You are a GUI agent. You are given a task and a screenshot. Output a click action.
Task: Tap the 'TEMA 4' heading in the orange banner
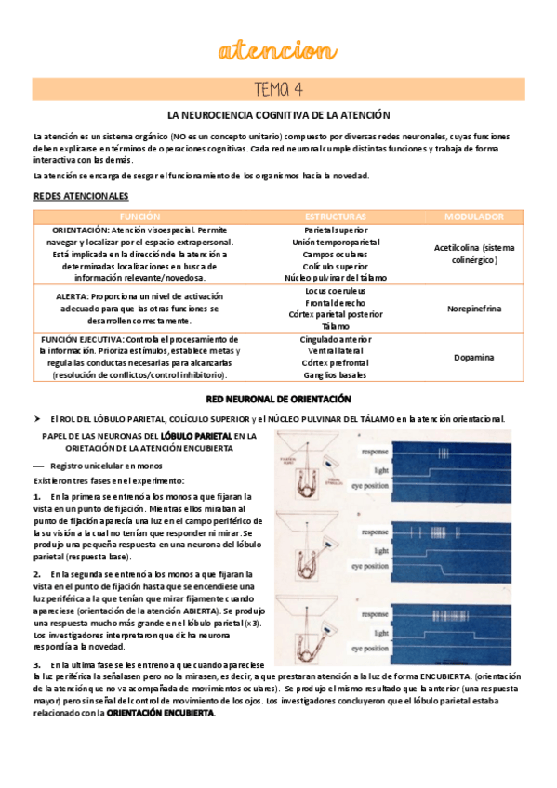click(x=278, y=89)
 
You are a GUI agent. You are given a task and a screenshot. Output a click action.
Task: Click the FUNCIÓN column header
click(x=146, y=216)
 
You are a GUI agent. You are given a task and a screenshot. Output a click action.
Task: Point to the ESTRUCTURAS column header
click(x=335, y=216)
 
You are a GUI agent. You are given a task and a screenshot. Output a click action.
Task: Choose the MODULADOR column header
click(x=473, y=216)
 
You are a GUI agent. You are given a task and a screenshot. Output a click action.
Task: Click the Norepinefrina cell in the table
click(x=474, y=308)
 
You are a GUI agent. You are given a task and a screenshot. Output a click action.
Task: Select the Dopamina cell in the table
click(x=474, y=357)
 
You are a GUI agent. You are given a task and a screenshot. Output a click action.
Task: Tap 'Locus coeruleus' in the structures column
click(x=335, y=290)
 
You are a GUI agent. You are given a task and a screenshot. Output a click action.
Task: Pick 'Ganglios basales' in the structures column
click(x=335, y=375)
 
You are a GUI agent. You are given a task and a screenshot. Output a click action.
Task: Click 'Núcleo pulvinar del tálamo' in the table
click(x=335, y=277)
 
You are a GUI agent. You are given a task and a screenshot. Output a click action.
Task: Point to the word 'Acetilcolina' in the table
click(x=459, y=248)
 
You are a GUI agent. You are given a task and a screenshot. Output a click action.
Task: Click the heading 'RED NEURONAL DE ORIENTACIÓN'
click(x=278, y=399)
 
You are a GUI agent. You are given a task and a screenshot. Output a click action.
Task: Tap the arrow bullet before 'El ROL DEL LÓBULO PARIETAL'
click(x=37, y=419)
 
